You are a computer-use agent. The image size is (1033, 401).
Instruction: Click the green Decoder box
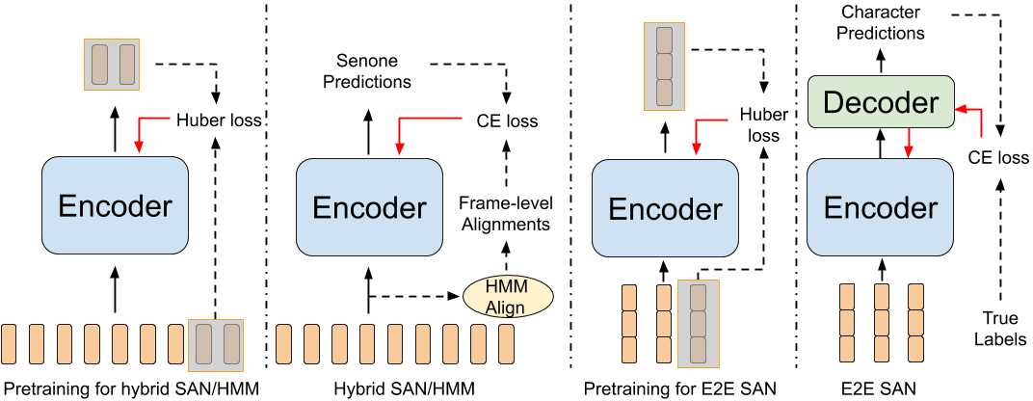880,102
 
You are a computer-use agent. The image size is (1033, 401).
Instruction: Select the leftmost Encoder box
115,205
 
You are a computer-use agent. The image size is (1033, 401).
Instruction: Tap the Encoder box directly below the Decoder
880,207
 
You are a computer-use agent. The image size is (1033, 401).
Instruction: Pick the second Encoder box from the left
369,207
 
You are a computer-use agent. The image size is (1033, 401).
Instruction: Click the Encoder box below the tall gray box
665,208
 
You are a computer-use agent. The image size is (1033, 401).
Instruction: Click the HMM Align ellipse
508,297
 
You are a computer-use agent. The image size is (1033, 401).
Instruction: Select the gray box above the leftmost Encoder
112,65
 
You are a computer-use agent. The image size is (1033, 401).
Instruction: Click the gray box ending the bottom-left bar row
216,344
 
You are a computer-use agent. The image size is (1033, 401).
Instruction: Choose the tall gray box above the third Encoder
664,67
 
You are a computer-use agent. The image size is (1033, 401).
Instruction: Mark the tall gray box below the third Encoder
698,324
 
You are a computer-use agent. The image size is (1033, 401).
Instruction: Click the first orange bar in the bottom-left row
9,344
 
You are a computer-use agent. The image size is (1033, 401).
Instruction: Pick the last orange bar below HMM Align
506,344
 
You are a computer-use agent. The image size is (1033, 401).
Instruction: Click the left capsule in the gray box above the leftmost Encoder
99,65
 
